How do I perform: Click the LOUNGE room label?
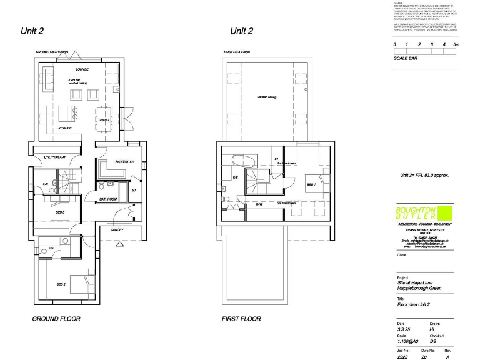(x=82, y=69)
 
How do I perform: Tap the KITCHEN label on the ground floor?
(x=64, y=127)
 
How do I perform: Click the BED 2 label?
(x=61, y=284)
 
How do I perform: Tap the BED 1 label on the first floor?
(x=311, y=185)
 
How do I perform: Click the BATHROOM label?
(x=109, y=199)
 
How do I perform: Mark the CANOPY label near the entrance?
(x=117, y=230)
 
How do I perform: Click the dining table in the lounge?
(x=104, y=117)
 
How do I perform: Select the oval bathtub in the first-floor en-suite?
(x=241, y=160)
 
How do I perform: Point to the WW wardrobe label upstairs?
(x=259, y=204)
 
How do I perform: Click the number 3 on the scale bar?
(x=432, y=45)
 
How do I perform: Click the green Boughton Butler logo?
(x=417, y=212)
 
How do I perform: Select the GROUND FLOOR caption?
(x=56, y=319)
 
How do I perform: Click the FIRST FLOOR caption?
(x=241, y=319)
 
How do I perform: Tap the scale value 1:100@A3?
(x=409, y=342)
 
